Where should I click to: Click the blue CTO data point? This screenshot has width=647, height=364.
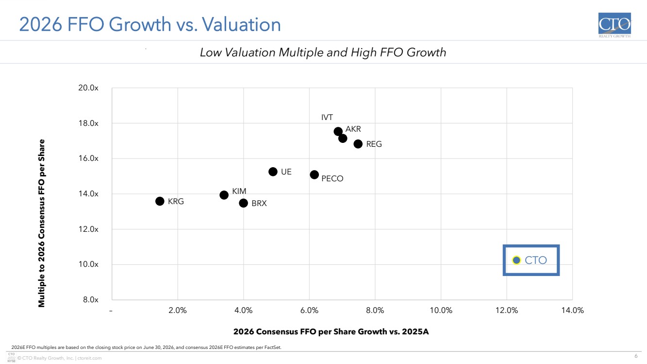click(x=516, y=260)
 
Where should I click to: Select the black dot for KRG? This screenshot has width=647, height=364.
click(x=160, y=201)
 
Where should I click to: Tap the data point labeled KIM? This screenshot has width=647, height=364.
click(x=224, y=195)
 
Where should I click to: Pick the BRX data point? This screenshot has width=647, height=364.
click(x=244, y=203)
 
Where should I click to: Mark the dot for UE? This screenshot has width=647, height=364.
click(x=273, y=172)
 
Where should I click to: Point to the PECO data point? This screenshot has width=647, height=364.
click(x=315, y=174)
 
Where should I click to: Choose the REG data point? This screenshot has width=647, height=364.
click(x=358, y=144)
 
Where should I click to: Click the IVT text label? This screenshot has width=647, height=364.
click(x=327, y=118)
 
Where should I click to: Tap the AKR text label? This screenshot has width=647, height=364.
click(x=353, y=129)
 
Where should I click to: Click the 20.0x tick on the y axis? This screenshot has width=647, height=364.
click(x=88, y=88)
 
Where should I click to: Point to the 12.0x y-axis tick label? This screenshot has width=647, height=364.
click(x=88, y=229)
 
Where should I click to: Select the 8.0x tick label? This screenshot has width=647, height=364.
click(x=90, y=300)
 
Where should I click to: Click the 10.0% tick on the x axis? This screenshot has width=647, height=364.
click(x=441, y=311)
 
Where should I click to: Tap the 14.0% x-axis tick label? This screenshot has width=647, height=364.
click(x=572, y=311)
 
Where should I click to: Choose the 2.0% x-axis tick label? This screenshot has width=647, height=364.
click(x=178, y=311)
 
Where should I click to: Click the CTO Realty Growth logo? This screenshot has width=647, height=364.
click(x=614, y=25)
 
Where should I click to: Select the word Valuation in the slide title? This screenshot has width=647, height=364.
click(x=241, y=24)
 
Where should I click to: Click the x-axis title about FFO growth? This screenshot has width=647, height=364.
click(x=331, y=331)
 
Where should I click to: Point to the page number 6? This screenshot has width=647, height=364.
click(x=636, y=356)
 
